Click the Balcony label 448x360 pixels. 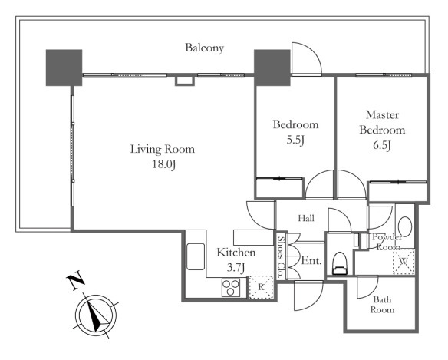coord(204,48)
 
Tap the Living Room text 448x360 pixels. coord(163,149)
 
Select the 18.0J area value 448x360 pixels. coord(163,164)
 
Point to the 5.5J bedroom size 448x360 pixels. coord(295,140)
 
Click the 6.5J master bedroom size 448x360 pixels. coord(382,145)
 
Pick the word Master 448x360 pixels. coord(382,115)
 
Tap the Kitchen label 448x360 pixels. coord(236,253)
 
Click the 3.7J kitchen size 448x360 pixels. coord(236,268)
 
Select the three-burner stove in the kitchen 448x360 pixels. coord(231,287)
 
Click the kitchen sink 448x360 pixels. coord(196,256)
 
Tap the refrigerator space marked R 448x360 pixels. coord(261,287)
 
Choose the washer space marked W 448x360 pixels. coord(404,261)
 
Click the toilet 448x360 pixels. coord(340,263)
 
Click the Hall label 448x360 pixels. coord(306,219)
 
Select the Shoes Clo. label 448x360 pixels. coord(282,257)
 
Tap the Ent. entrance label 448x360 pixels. coord(311,260)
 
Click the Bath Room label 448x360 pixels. coord(382,305)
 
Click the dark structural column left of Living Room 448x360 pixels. coord(64,68)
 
